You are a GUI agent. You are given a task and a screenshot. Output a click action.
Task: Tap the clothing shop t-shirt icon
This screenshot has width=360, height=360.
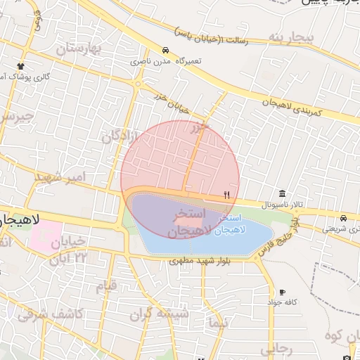[21, 67]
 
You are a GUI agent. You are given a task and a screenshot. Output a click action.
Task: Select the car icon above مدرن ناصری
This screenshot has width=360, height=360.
[165, 51]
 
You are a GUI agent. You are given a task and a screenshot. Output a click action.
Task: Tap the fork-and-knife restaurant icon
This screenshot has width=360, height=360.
[226, 195]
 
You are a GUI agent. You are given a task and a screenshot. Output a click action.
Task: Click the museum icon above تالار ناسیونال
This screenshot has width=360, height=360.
[282, 194]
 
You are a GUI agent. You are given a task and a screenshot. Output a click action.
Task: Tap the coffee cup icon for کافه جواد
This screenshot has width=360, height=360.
[282, 292]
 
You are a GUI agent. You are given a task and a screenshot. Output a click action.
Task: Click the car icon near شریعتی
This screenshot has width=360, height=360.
[342, 218]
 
